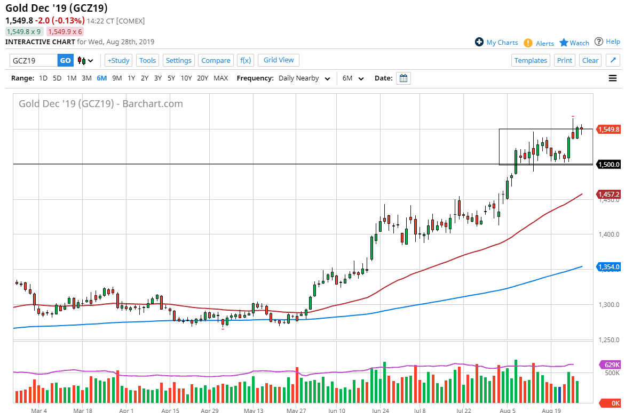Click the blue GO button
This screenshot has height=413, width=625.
click(x=65, y=60)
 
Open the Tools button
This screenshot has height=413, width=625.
click(x=147, y=60)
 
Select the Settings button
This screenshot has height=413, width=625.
click(x=178, y=60)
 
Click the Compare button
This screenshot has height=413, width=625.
click(x=216, y=60)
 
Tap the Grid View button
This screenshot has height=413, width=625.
click(x=279, y=60)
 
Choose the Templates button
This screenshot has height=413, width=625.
click(x=531, y=60)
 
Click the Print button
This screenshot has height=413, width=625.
click(x=565, y=60)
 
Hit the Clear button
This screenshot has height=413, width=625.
click(x=590, y=60)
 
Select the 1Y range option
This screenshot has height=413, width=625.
click(x=131, y=78)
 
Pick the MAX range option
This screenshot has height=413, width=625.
click(x=220, y=78)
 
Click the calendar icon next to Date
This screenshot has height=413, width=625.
click(x=404, y=78)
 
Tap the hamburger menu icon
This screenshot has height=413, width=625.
click(x=613, y=78)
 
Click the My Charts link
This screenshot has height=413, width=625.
click(x=502, y=43)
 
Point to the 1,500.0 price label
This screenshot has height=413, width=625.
click(x=609, y=164)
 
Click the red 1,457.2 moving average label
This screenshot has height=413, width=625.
click(x=609, y=195)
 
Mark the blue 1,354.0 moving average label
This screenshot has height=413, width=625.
click(x=609, y=266)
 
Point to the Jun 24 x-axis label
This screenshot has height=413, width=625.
click(x=380, y=411)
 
